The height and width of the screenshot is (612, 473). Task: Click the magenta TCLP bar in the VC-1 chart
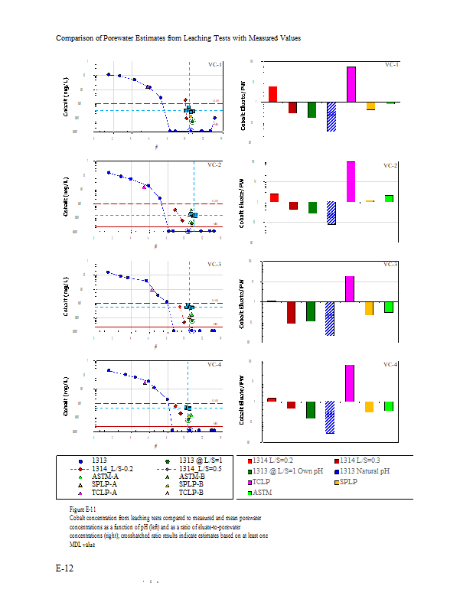point(351,84)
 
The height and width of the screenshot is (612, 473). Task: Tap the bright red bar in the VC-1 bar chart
point(272,94)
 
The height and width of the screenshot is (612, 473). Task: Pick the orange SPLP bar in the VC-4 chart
point(369,407)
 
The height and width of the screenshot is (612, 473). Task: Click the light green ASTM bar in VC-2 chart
point(389,198)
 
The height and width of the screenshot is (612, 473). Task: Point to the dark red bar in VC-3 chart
point(291,312)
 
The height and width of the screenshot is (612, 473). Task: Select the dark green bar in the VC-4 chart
point(311,409)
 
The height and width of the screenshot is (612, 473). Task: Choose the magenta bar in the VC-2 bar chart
point(351,181)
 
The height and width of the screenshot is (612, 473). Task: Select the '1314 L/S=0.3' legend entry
point(364,461)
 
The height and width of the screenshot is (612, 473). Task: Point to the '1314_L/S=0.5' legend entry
point(200,467)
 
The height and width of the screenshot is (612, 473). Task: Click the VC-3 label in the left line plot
point(214,265)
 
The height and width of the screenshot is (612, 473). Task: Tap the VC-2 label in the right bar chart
point(390,165)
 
